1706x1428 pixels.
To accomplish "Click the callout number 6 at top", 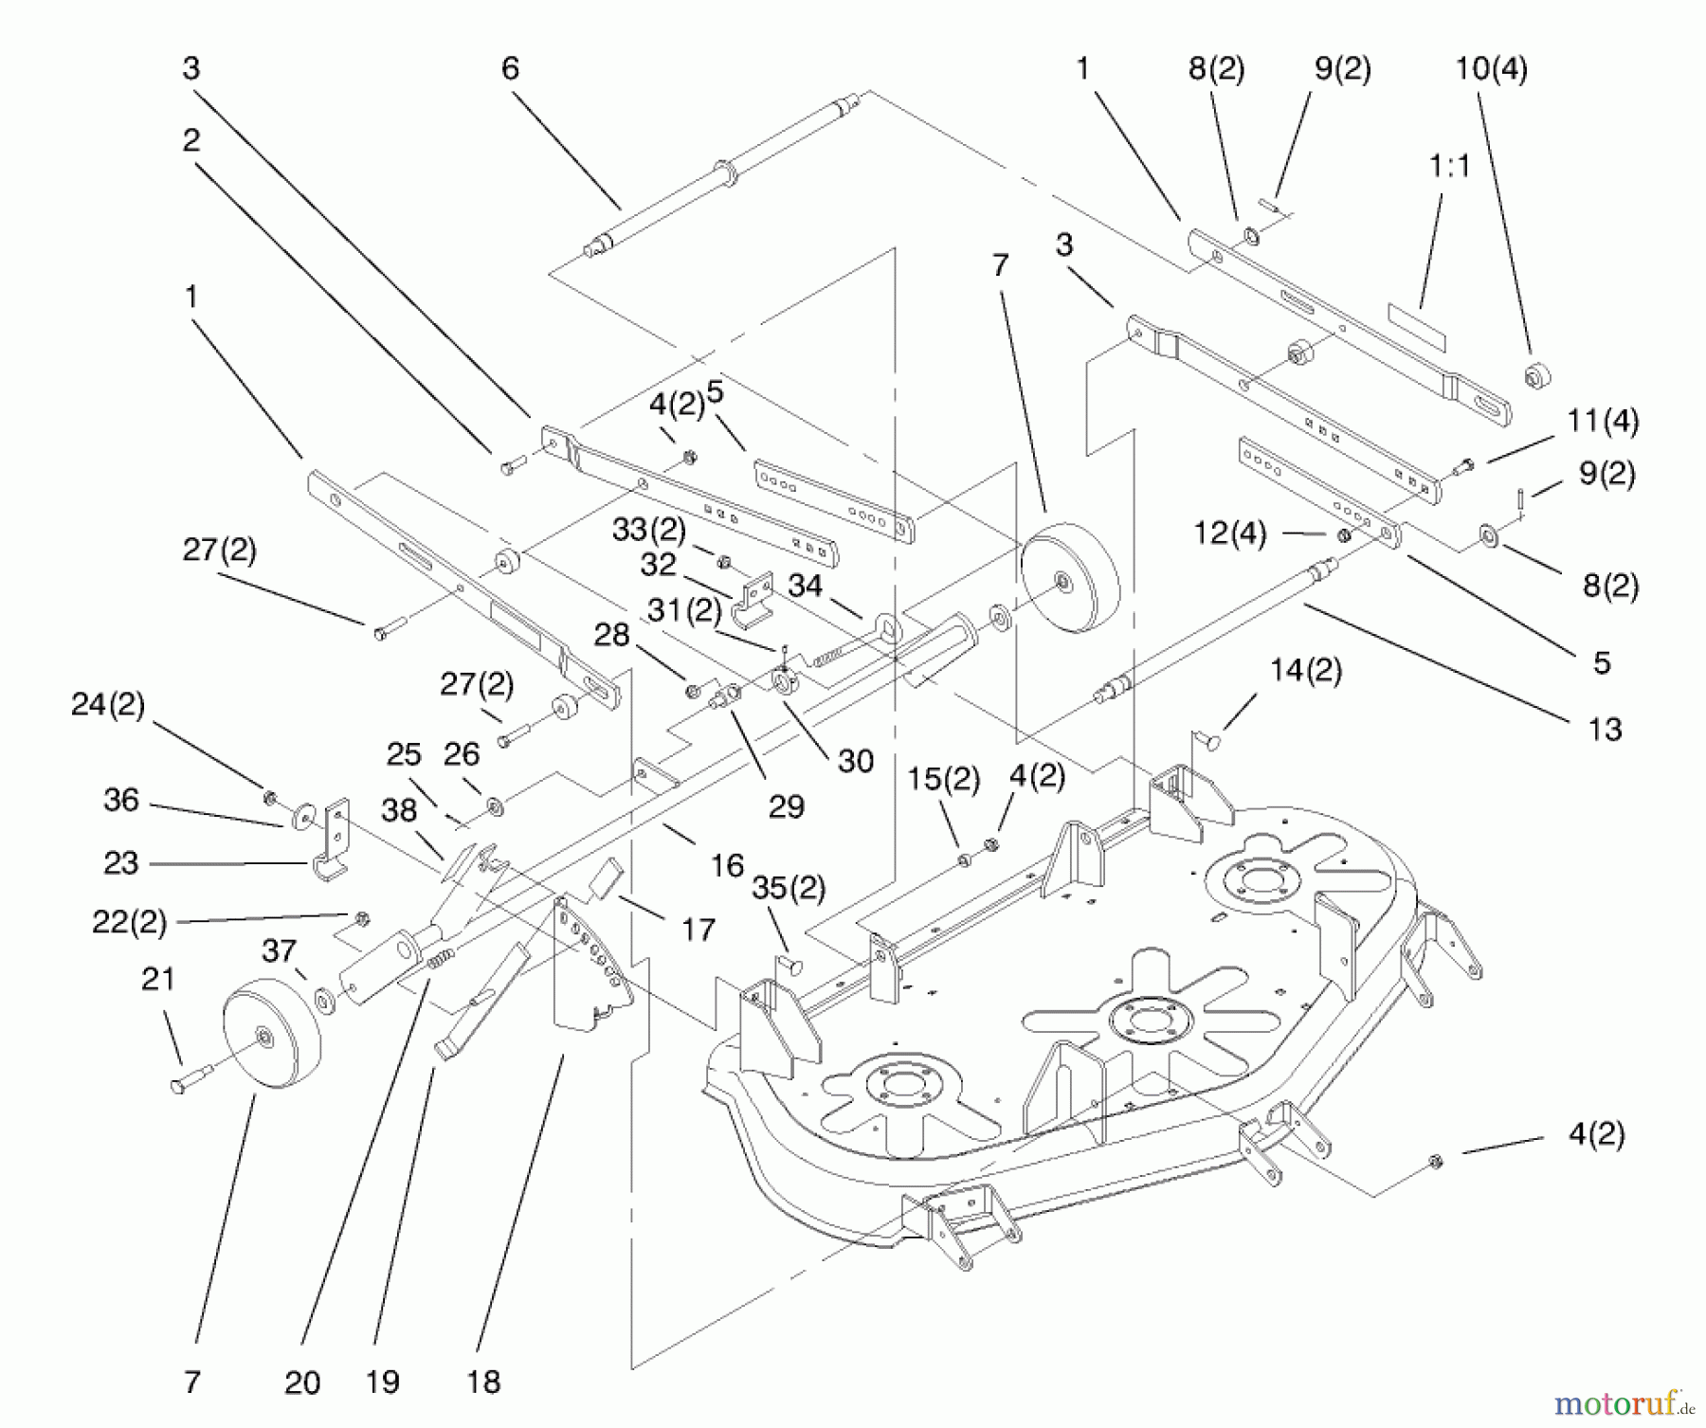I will tap(510, 68).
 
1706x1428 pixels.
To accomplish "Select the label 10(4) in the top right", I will tap(1491, 68).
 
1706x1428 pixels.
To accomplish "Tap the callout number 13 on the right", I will tap(1605, 729).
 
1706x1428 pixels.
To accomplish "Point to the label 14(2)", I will tap(1305, 670).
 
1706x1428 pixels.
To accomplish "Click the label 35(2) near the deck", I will tap(788, 888).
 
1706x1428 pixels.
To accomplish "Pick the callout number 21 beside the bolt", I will tap(157, 978).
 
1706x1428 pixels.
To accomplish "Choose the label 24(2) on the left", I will tap(107, 704).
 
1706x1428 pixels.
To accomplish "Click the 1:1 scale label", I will tap(1448, 166).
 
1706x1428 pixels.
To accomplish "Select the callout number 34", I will tap(805, 585).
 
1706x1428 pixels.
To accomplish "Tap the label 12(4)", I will tap(1229, 533).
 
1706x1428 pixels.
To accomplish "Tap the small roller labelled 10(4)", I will tap(1536, 376).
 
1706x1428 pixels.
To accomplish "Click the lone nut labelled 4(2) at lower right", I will tap(1435, 1161).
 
